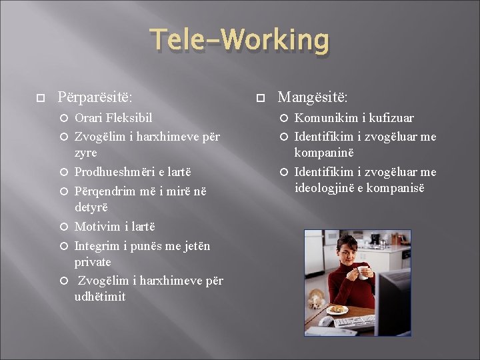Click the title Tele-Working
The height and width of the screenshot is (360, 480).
pyautogui.click(x=239, y=41)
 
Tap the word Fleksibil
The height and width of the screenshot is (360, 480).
pyautogui.click(x=129, y=118)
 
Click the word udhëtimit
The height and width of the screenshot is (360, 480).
pyautogui.click(x=100, y=297)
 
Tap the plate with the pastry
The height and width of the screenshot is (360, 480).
pyautogui.click(x=339, y=309)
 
